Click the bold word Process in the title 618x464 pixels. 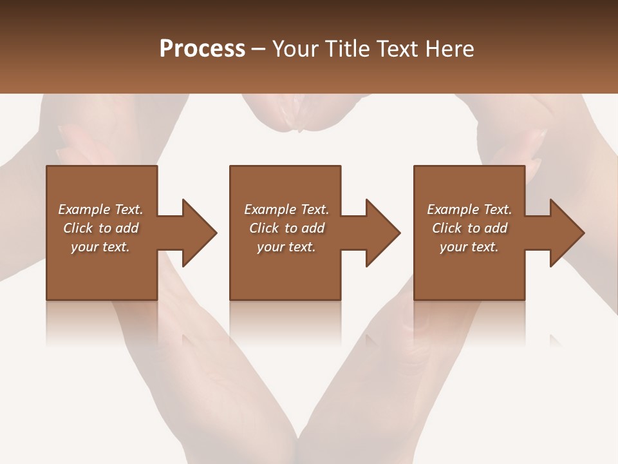(x=202, y=49)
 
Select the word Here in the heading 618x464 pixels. (x=450, y=49)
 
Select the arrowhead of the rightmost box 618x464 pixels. (x=566, y=233)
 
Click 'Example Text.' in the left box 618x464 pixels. (x=100, y=209)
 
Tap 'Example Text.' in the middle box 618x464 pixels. (x=286, y=209)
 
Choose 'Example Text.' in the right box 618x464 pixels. (x=469, y=209)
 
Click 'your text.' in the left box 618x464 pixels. (x=100, y=247)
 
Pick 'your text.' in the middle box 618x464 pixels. (x=286, y=247)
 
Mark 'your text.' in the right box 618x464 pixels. (x=469, y=247)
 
